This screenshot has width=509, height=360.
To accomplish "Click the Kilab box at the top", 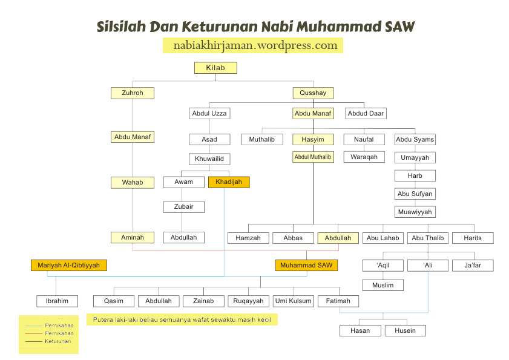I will coord(215,68).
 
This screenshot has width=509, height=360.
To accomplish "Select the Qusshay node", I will coord(313,93).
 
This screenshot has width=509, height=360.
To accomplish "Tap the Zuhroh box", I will coord(132,93).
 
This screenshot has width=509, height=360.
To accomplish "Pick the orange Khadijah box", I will coord(228,182).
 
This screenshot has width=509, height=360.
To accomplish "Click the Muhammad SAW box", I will coord(306,265).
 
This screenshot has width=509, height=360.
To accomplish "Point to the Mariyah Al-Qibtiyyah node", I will coord(68,265).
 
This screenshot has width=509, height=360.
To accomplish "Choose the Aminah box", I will coord(132,238).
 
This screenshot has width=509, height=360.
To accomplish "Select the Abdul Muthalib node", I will coord(313,157).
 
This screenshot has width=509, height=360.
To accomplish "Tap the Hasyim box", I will coord(313,139).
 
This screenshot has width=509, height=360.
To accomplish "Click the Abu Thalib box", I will coord(427,238).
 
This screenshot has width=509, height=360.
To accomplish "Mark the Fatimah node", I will coord(338,301).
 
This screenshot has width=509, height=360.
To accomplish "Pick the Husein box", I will coord(405,330).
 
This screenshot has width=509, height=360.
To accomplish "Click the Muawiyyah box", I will coord(415,212).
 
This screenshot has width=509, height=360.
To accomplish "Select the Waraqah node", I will coord(364,157).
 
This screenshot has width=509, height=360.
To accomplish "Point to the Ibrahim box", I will coord(57,301).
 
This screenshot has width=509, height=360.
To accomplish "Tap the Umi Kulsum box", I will coord(293,301).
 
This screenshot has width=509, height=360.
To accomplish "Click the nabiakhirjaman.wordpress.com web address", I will coord(255,45).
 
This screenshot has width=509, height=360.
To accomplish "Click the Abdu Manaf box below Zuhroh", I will coord(132,137).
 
